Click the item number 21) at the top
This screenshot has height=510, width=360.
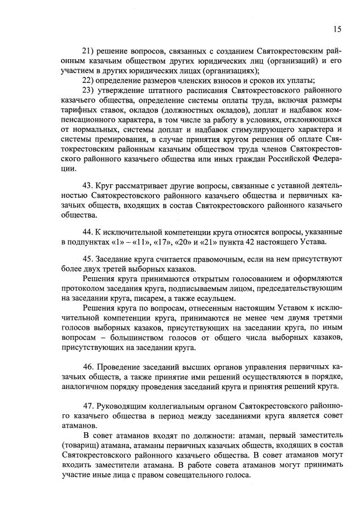click(x=90, y=51)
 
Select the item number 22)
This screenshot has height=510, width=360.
click(x=90, y=80)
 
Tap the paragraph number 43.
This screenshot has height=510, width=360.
click(x=88, y=185)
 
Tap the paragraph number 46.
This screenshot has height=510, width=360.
click(x=88, y=366)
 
